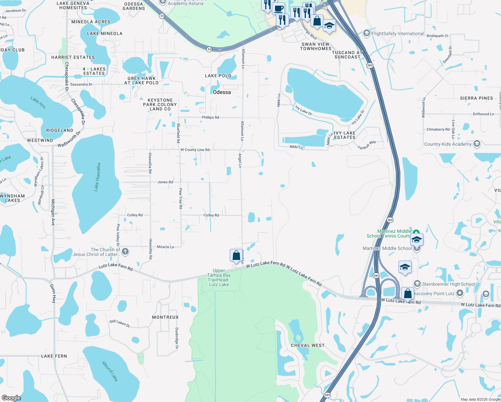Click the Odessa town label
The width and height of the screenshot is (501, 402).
click(x=222, y=92)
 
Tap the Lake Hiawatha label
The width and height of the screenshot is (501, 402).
click(x=97, y=177)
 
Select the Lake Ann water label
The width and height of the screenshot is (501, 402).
click(x=38, y=103)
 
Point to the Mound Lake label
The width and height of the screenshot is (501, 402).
click(x=110, y=371)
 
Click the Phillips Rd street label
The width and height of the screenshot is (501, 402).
click(x=210, y=118)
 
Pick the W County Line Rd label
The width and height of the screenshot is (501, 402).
click(x=195, y=150)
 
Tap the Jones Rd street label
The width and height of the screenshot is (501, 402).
click(x=165, y=182)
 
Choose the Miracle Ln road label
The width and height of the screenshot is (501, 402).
click(x=165, y=247)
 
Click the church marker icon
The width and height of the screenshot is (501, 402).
click(x=125, y=252)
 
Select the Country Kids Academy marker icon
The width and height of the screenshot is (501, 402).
click(x=477, y=144)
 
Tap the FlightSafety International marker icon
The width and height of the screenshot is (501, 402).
click(x=367, y=33)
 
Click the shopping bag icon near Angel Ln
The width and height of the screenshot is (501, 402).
click(x=236, y=255)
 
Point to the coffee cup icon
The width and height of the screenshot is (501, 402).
click(x=278, y=8)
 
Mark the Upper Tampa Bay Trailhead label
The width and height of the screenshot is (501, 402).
click(x=219, y=277)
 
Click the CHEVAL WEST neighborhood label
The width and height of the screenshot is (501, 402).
click(x=308, y=345)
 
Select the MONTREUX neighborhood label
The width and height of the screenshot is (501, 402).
click(x=165, y=317)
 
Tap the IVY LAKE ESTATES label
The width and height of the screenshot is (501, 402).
click(x=345, y=135)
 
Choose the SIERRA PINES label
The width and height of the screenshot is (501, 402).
click(x=476, y=98)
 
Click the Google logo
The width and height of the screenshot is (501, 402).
click(x=11, y=398)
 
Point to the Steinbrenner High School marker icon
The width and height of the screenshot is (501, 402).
click(x=417, y=284)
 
